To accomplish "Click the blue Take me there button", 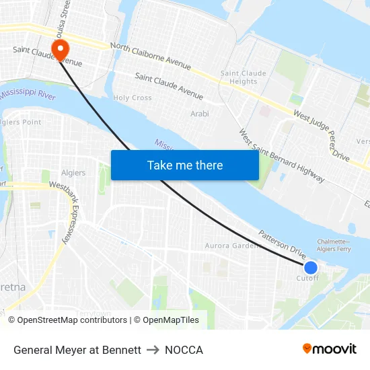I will (x=184, y=165).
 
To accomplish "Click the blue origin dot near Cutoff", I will (x=310, y=267).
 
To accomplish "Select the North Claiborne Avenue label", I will (x=150, y=57).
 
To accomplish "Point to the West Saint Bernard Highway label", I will (x=282, y=156).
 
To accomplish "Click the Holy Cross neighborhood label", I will (x=133, y=98).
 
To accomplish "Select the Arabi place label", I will (x=200, y=114).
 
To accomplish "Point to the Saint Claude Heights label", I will (x=244, y=77).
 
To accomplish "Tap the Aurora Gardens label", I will (x=232, y=246).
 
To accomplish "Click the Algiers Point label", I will (x=22, y=122).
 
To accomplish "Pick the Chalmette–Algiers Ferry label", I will (x=334, y=246).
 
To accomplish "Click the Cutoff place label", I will (x=307, y=278).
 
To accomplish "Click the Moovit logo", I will (x=330, y=348).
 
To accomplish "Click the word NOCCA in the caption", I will (x=184, y=350).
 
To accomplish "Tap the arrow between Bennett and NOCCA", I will (x=153, y=350).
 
